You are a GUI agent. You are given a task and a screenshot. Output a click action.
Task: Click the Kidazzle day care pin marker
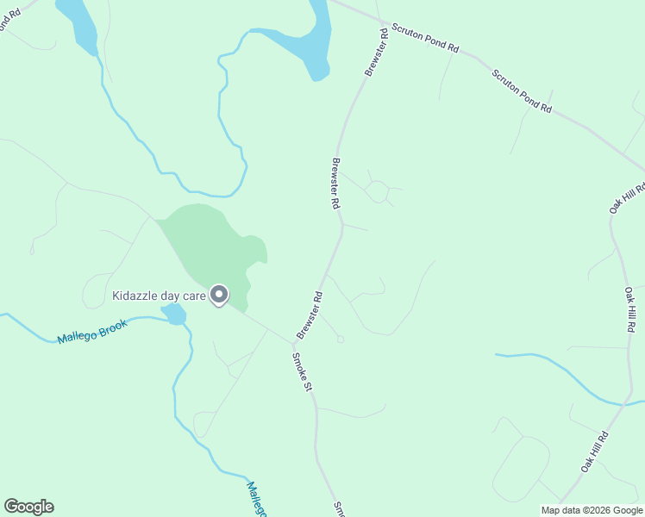(219, 296)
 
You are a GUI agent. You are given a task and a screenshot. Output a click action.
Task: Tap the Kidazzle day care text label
(159, 296)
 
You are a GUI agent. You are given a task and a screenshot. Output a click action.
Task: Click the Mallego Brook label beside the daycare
(92, 331)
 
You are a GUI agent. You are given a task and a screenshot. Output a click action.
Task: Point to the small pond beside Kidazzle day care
(174, 315)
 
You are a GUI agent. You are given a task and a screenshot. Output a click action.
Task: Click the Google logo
(28, 507)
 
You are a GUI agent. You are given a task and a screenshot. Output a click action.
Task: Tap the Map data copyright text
(591, 509)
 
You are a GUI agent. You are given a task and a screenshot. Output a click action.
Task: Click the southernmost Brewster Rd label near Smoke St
(310, 315)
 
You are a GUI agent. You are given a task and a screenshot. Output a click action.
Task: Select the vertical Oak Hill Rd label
(630, 309)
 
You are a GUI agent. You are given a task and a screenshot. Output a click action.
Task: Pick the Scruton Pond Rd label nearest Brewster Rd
(424, 37)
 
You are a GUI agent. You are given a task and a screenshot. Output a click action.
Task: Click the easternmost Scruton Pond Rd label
(522, 91)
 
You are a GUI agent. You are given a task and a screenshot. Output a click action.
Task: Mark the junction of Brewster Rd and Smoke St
(292, 342)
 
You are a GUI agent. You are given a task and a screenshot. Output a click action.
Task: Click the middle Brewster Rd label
(335, 184)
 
